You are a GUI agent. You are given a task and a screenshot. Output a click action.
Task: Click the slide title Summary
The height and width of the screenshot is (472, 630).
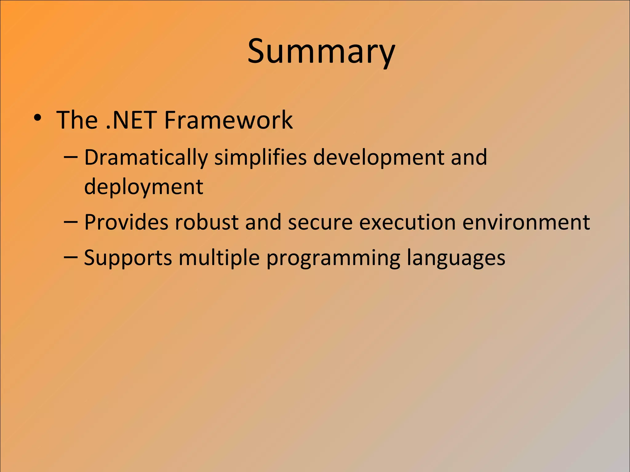pos(321,52)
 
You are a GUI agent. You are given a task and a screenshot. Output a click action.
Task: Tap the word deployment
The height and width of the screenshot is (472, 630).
pos(143,187)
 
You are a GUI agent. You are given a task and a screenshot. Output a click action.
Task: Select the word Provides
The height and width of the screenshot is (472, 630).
pos(126,222)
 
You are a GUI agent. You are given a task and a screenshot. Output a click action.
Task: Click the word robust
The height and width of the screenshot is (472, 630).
pos(206,222)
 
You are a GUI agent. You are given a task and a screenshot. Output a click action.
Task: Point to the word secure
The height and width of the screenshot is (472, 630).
pos(320,222)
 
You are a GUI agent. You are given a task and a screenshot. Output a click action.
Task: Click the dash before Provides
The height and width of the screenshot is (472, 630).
pos(71,222)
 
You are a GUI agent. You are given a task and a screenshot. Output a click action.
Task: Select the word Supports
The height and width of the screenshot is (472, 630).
pos(128,258)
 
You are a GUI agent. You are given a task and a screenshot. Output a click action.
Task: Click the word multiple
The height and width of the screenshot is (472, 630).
pos(219,258)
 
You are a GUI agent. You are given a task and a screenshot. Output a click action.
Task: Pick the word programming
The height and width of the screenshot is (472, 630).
pos(333,258)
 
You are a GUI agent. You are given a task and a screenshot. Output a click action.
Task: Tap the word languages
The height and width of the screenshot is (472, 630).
pos(456,258)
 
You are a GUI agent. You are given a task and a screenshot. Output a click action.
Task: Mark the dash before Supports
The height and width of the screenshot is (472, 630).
pos(71,257)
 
